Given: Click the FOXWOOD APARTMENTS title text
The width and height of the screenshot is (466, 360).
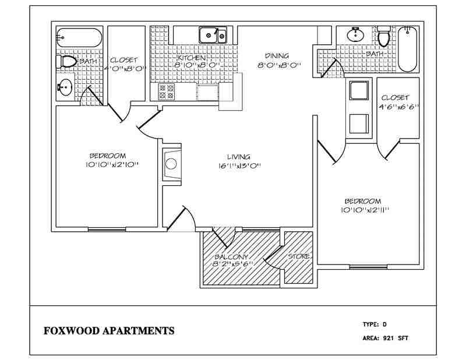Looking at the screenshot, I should coord(109,331).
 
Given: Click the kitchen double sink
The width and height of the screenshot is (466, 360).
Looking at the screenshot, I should coord(213,35).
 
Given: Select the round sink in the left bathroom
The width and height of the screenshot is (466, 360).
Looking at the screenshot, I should coord(65,89).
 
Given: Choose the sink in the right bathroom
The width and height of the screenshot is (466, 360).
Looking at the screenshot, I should coord(355,36).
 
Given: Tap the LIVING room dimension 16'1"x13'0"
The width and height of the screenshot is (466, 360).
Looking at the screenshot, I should coord(238,165).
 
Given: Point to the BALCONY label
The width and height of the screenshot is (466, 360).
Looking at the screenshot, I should coord(232,257).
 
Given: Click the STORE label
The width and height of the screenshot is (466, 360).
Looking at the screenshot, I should coord(299,257).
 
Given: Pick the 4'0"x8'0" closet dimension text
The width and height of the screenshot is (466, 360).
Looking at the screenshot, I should coord(123,68).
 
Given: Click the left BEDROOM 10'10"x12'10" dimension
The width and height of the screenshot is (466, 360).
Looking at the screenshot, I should coord(108,164).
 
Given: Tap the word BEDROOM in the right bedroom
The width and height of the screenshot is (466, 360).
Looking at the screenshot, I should coord(363,200).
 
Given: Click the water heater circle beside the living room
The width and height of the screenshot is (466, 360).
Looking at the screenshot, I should coord(171,163).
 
